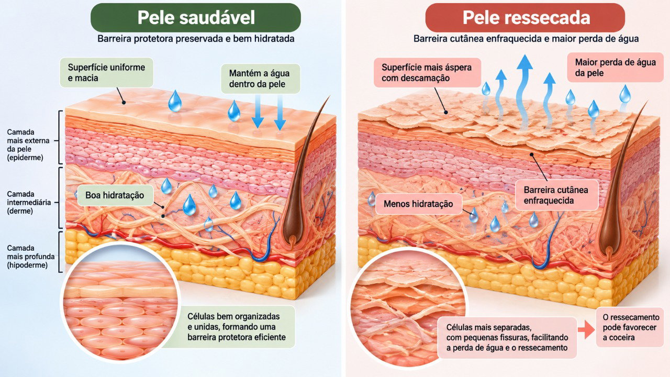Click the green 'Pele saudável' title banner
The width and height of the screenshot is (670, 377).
point(196,18)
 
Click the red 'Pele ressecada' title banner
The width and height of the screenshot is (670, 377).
point(525,18)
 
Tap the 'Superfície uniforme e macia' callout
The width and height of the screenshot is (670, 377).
point(106,73)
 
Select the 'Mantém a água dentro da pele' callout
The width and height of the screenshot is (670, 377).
point(260,79)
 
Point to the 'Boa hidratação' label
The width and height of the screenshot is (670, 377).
point(115,195)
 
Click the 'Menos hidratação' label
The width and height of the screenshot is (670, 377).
point(418,204)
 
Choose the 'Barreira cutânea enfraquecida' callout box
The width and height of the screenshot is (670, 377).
point(556,195)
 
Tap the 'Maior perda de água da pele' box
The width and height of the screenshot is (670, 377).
point(615,68)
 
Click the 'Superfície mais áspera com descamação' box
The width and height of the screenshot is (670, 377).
point(427,73)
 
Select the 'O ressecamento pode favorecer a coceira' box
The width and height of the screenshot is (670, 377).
point(630,327)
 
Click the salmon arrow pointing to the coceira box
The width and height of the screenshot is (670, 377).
point(586,329)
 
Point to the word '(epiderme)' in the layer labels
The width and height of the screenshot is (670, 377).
point(25,158)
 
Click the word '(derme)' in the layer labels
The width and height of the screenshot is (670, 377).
point(20,211)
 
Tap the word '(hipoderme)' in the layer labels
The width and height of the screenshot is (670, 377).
point(27,265)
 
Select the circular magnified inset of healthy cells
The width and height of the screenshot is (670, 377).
point(120,302)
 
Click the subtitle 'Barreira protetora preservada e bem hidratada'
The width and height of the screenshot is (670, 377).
point(196,39)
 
